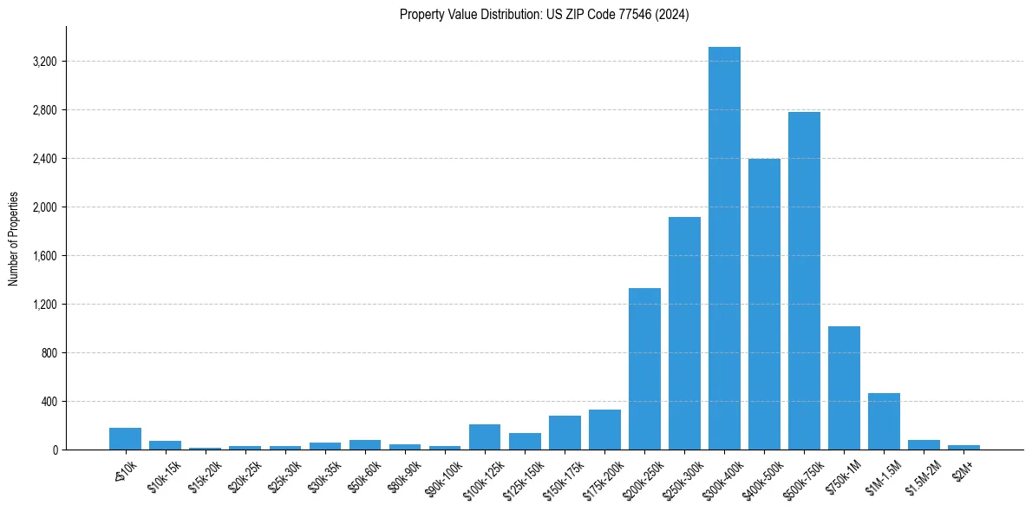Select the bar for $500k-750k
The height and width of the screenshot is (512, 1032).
[804, 281]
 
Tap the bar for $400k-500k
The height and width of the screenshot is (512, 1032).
[764, 305]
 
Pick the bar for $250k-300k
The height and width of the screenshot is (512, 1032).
[684, 333]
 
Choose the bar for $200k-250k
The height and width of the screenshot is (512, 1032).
[644, 369]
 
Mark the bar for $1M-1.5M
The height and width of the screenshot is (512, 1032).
[884, 422]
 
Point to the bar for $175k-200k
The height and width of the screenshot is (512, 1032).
[604, 430]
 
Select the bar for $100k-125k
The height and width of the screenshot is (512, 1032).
[485, 437]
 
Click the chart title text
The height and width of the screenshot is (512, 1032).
[544, 15]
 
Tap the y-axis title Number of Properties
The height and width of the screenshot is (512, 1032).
[14, 239]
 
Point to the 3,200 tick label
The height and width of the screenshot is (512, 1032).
[44, 62]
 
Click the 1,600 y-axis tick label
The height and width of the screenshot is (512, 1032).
[44, 256]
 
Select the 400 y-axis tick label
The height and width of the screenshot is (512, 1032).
[48, 402]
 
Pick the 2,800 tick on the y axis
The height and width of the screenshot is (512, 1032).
[44, 110]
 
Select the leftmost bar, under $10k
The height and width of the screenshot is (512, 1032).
[126, 439]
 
